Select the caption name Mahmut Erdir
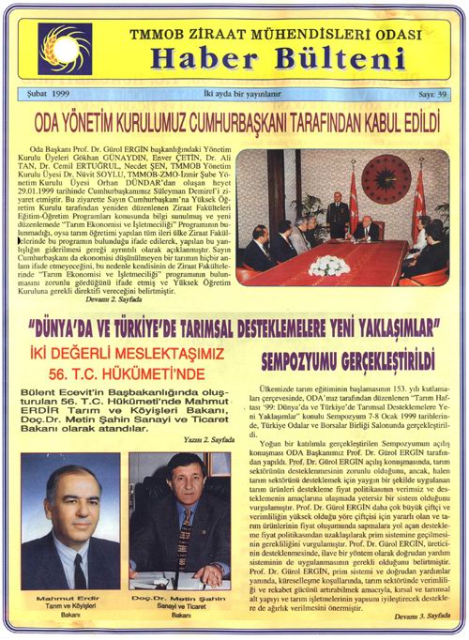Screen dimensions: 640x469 [x=74, y=598]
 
